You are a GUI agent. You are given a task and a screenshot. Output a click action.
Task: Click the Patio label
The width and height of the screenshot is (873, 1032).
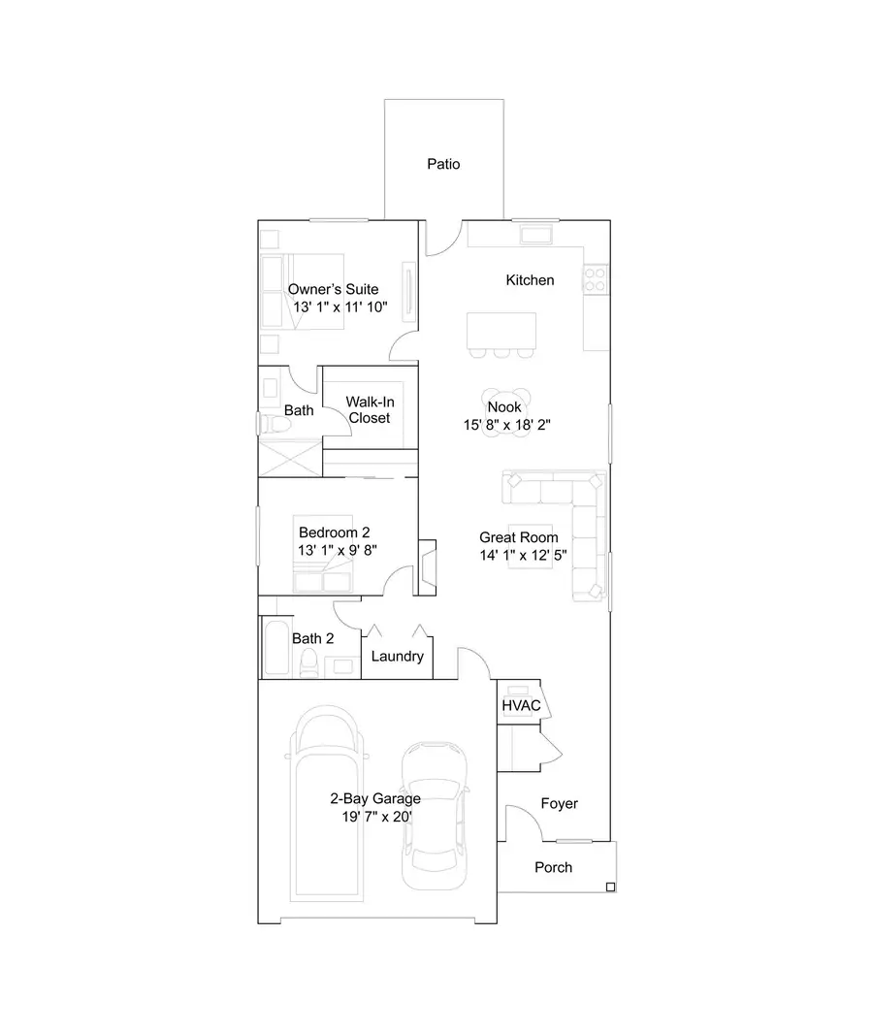pyautogui.click(x=443, y=164)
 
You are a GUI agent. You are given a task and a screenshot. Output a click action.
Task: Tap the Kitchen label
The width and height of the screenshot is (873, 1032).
pyautogui.click(x=530, y=280)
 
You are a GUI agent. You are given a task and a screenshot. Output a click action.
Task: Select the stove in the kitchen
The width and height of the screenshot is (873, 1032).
pyautogui.click(x=595, y=279)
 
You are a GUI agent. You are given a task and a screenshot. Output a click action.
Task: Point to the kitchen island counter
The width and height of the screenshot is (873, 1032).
pyautogui.click(x=501, y=330)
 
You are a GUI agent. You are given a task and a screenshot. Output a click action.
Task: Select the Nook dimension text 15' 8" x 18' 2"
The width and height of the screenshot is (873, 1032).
pyautogui.click(x=511, y=425)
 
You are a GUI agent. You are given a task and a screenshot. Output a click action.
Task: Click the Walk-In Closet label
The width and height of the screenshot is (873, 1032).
pyautogui.click(x=370, y=409)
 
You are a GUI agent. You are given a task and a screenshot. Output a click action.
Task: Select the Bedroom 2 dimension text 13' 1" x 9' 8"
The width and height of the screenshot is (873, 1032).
pyautogui.click(x=337, y=549)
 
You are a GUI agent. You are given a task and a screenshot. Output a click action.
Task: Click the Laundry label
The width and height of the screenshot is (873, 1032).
pyautogui.click(x=397, y=657)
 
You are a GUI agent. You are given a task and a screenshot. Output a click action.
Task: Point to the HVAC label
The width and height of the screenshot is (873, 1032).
pyautogui.click(x=520, y=705)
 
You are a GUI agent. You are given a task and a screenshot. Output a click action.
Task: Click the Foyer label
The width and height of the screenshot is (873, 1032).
pyautogui.click(x=559, y=803)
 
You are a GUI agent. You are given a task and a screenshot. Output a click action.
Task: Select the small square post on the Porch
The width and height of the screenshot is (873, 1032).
pyautogui.click(x=609, y=887)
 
